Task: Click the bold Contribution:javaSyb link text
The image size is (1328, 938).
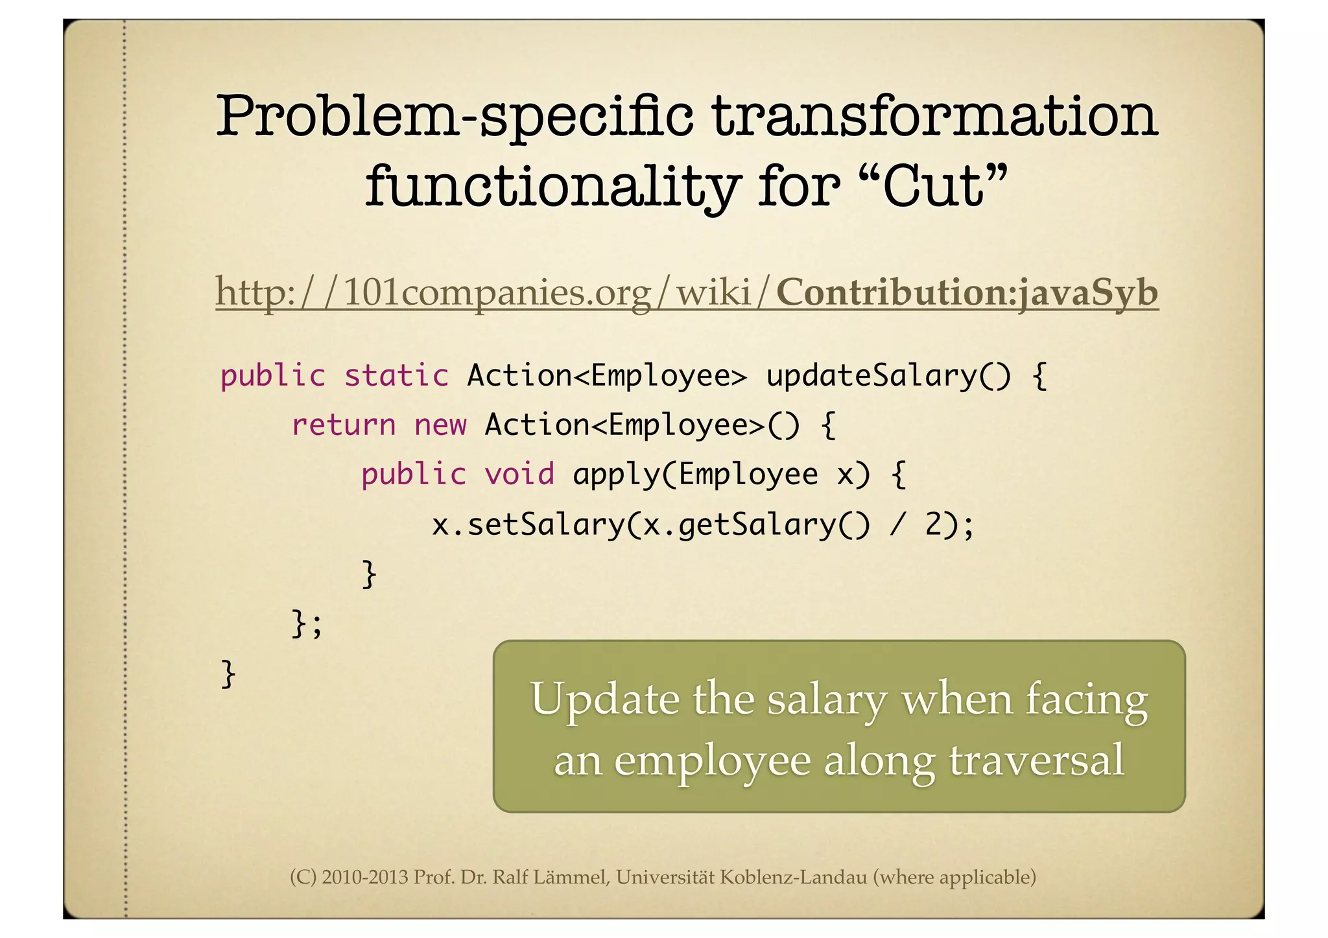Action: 967,292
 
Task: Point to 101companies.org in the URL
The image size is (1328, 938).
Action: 497,292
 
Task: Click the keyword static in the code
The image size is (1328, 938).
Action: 396,376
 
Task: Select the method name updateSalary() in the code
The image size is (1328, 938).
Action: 888,376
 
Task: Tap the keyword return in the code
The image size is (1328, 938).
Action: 343,425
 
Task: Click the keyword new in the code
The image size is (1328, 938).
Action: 440,425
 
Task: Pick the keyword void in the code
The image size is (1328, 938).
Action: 519,475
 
